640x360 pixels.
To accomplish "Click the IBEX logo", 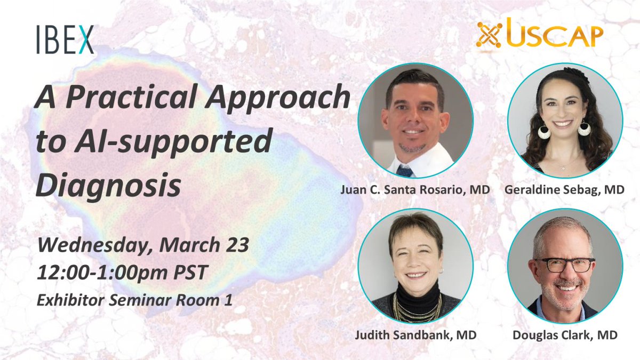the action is (x=65, y=39).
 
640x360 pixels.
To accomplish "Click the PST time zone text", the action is (x=190, y=273).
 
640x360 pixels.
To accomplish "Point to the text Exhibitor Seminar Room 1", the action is (x=134, y=300).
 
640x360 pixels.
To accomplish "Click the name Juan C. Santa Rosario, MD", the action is (x=415, y=190).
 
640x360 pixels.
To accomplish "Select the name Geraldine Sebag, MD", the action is (x=564, y=190).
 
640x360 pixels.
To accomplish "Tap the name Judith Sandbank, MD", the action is (x=415, y=335).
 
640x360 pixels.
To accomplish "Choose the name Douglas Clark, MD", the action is (x=565, y=335).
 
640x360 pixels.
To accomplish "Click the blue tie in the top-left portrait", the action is (x=405, y=171).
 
